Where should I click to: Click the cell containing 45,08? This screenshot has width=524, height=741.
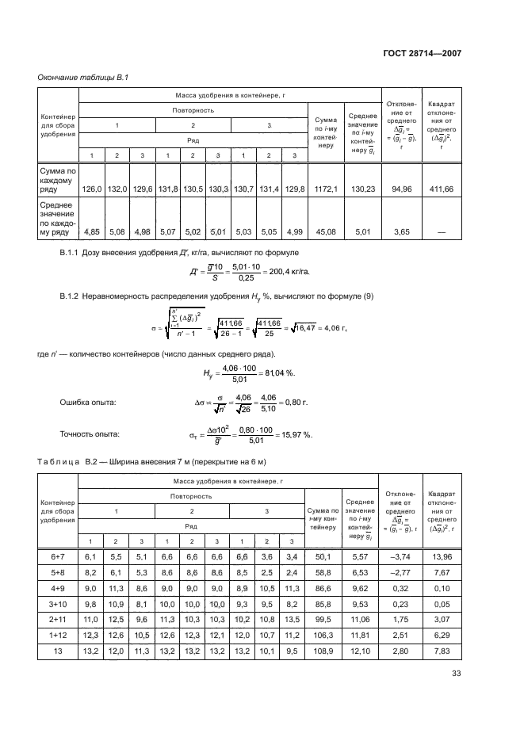coord(325,232)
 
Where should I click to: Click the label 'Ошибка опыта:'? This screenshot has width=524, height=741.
coord(88,403)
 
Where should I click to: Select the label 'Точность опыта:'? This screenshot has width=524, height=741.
coord(90,434)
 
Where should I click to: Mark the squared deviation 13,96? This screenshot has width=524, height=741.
coord(442,557)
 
